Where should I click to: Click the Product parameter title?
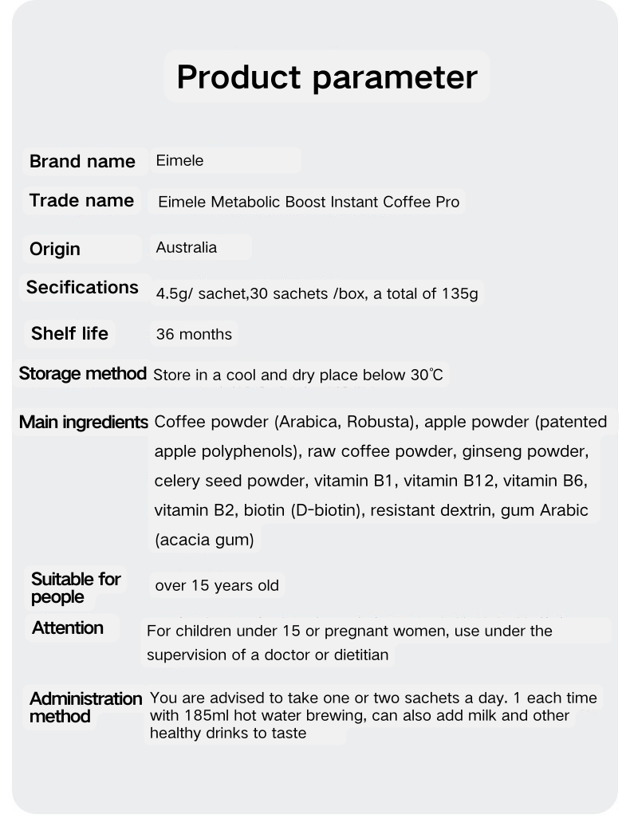[326, 77]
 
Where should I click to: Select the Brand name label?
[82, 161]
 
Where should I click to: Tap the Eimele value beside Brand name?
[179, 160]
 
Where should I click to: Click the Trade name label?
[81, 200]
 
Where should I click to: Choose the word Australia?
[186, 247]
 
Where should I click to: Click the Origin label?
[55, 249]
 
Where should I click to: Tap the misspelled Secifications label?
[82, 287]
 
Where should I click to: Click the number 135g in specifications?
[459, 293]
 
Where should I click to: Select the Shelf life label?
[69, 333]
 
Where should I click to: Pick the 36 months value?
[194, 334]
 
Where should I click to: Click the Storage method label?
[82, 373]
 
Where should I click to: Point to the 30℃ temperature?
[427, 374]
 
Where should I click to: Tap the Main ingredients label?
[84, 422]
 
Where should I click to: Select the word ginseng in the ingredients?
[478, 451]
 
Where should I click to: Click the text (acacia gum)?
[204, 540]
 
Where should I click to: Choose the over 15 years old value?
[217, 586]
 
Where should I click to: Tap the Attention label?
[68, 627]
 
